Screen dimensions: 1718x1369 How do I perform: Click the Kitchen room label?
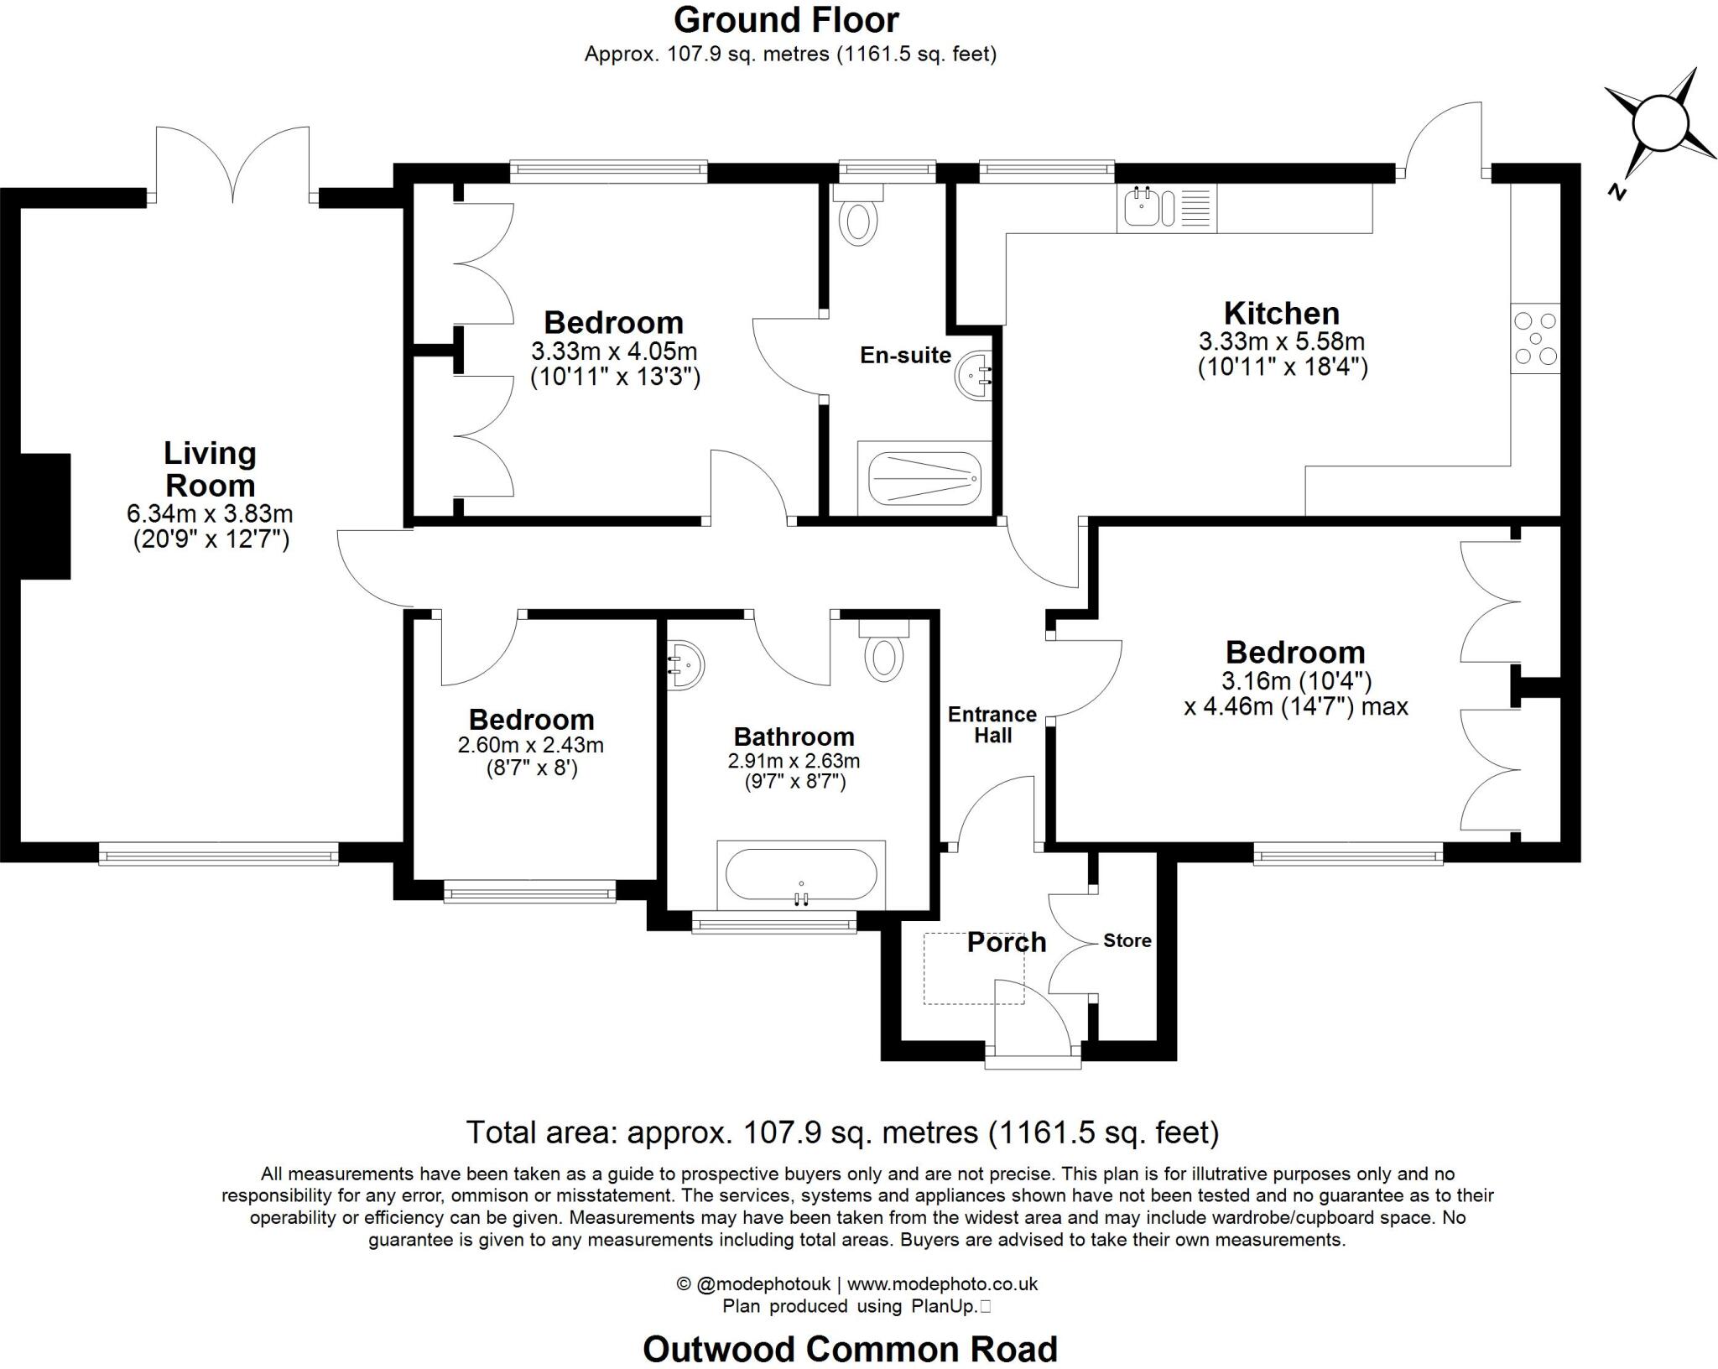[x=1281, y=314]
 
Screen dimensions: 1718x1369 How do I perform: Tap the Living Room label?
[x=210, y=469]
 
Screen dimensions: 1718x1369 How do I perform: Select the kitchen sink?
[x=1143, y=207]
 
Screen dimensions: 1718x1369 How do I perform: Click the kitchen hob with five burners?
[x=1535, y=338]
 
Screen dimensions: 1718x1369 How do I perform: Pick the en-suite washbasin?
[x=974, y=377]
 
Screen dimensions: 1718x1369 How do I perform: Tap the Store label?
[x=1127, y=940]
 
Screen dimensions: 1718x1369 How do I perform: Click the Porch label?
[x=1006, y=942]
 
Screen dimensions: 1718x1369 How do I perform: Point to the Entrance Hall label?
[x=992, y=725]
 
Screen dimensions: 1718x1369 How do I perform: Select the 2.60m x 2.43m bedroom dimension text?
[x=531, y=745]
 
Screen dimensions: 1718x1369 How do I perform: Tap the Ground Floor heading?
[x=786, y=20]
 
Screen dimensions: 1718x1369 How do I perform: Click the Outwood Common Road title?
[x=850, y=1349]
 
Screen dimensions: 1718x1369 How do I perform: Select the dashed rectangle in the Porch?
[x=974, y=968]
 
